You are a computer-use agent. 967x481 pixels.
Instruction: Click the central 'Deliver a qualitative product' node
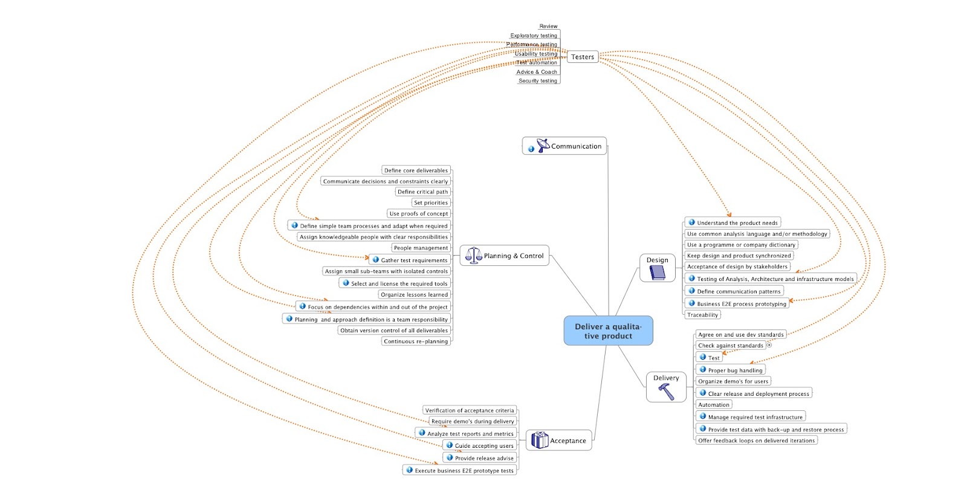click(x=608, y=331)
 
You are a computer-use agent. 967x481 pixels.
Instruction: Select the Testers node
click(x=583, y=57)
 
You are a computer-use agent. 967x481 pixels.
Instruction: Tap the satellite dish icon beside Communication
click(x=543, y=145)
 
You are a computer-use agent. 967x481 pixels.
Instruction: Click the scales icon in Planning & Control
click(x=473, y=256)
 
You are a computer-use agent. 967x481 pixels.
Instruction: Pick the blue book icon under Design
click(x=657, y=273)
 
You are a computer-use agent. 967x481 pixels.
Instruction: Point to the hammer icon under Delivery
click(x=666, y=392)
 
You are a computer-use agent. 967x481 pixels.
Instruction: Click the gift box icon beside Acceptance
click(x=540, y=440)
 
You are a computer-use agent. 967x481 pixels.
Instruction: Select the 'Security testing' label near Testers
click(x=538, y=80)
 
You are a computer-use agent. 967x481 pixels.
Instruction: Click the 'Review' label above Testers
click(x=548, y=26)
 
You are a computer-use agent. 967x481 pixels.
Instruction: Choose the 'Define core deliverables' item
click(x=416, y=170)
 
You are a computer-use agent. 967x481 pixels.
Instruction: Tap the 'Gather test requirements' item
click(x=414, y=260)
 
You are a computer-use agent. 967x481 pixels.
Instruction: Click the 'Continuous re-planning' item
click(x=416, y=341)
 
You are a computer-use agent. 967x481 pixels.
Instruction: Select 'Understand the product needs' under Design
click(x=737, y=222)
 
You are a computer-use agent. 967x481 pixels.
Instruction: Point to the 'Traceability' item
click(x=702, y=315)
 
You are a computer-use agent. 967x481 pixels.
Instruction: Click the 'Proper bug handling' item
click(x=735, y=370)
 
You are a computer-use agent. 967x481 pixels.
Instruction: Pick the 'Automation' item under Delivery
click(x=714, y=405)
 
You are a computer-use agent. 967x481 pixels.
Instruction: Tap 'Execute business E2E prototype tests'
click(x=464, y=470)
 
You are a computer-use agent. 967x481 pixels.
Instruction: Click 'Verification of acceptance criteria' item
click(x=470, y=410)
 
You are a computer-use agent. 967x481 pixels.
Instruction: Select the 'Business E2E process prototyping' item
click(x=741, y=303)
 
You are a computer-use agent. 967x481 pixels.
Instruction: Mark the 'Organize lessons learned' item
click(x=414, y=294)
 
